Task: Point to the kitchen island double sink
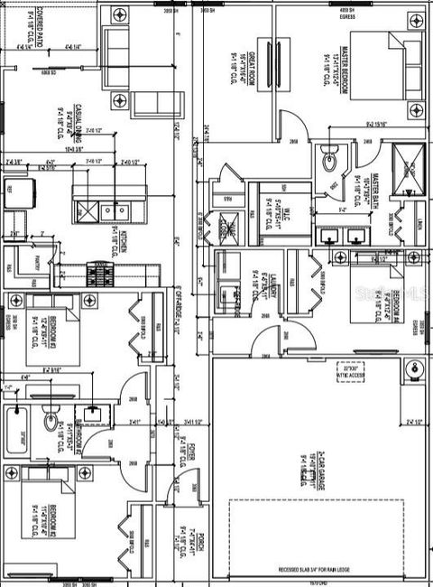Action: [x=115, y=210]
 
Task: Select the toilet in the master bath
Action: [x=329, y=161]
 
